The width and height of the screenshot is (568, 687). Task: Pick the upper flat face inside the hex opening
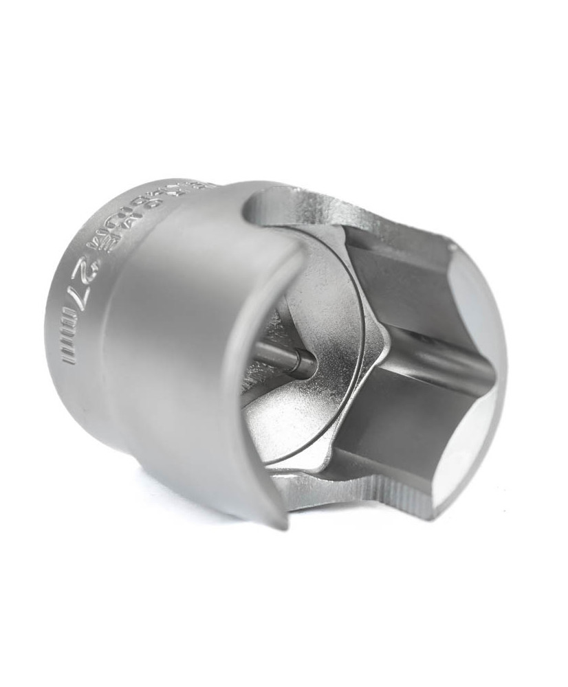392,275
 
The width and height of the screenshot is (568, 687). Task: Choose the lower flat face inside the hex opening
385,426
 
